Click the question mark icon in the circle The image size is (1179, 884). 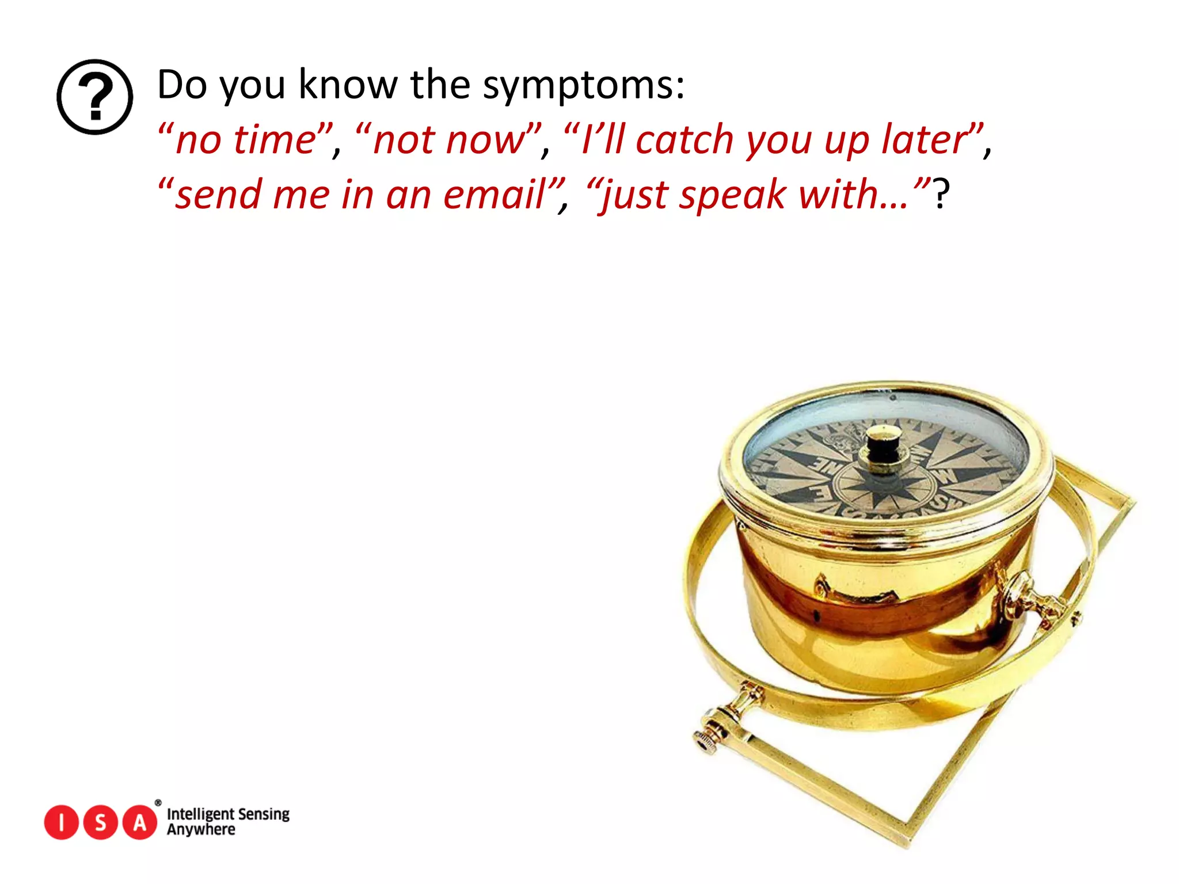[95, 97]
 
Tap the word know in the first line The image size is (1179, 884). [348, 85]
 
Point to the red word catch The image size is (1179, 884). [684, 140]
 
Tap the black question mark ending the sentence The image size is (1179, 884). [941, 195]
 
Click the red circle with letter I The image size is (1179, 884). [61, 822]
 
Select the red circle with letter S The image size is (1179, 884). [101, 822]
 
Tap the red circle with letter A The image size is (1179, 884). [140, 822]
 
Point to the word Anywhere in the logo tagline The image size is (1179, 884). [201, 830]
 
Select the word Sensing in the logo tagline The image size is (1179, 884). [264, 814]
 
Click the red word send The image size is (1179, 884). [218, 195]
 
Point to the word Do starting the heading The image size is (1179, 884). [182, 85]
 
